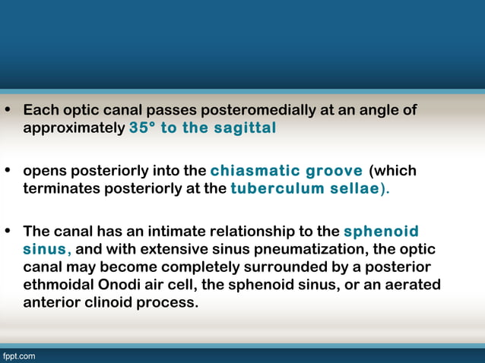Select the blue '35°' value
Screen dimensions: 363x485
(x=143, y=128)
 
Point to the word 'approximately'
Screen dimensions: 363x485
(x=74, y=128)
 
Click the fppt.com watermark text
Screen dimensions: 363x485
(x=18, y=355)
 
